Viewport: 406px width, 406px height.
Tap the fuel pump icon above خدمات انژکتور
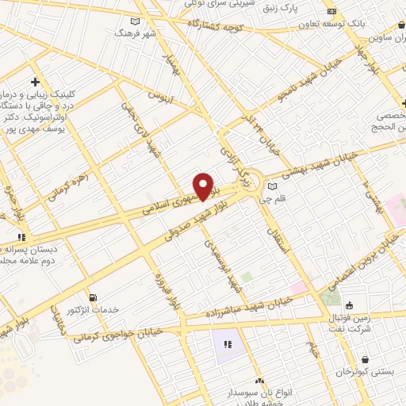(94, 297)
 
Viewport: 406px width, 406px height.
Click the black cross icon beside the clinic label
(36, 82)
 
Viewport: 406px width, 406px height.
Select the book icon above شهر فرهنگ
(136, 22)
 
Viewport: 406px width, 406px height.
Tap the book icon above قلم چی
(274, 186)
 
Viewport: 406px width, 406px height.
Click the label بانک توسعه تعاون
(359, 24)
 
